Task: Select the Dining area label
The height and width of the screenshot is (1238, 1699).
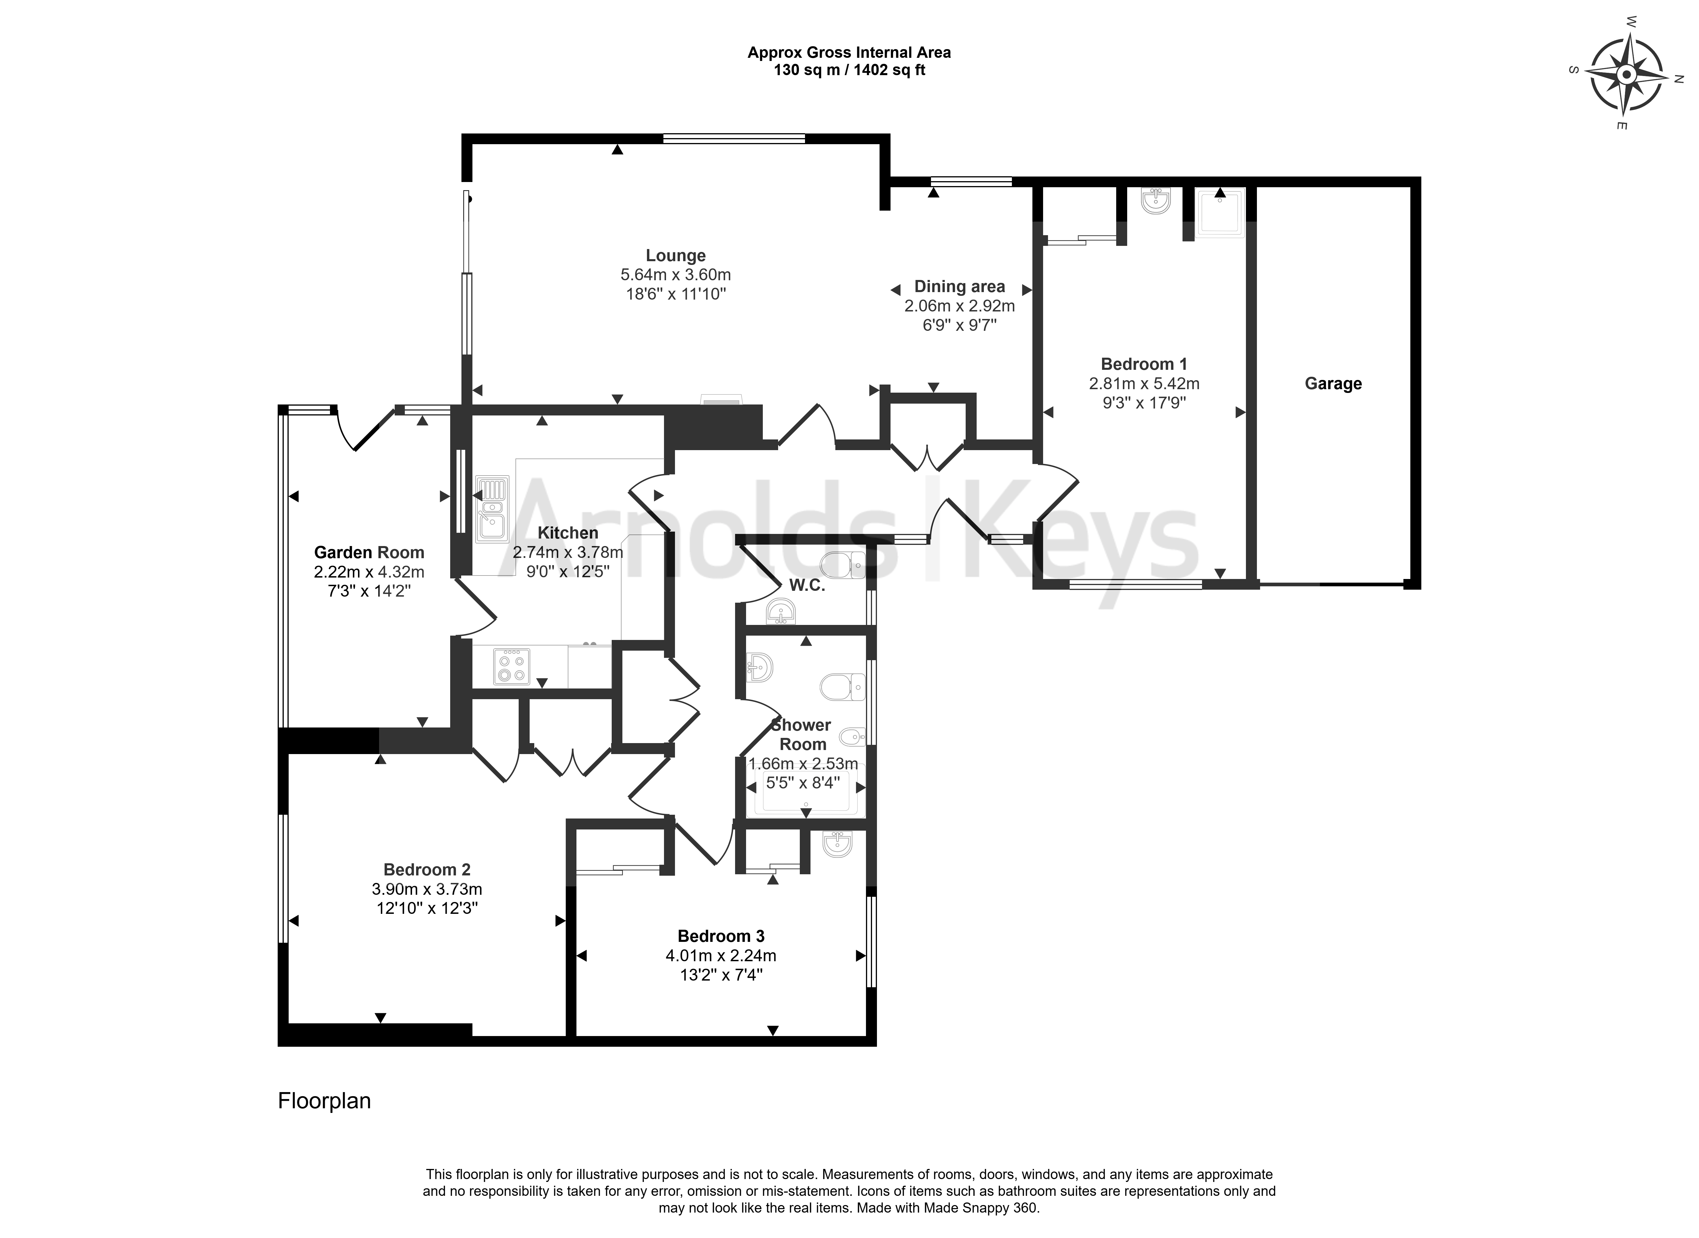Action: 959,286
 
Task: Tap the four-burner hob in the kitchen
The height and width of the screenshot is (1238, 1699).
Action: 512,666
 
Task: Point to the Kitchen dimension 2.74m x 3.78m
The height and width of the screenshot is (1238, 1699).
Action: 568,552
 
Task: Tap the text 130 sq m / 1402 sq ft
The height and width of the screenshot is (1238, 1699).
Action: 849,70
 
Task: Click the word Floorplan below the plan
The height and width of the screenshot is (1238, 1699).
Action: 324,1101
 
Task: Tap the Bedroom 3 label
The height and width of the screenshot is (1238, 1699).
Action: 721,936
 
